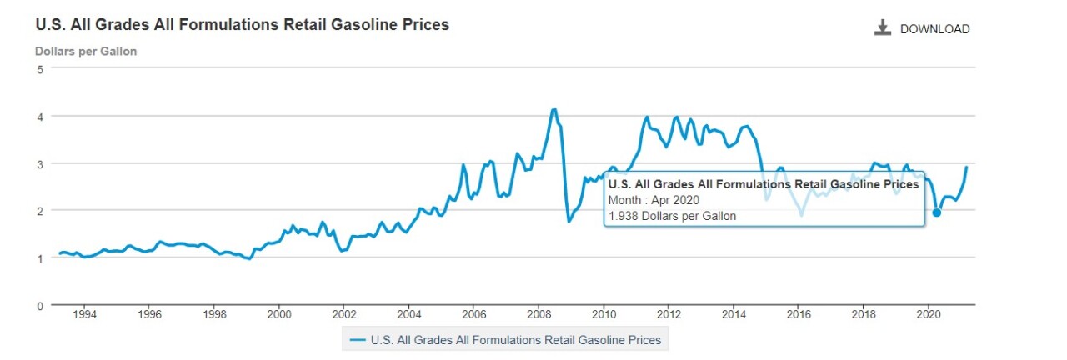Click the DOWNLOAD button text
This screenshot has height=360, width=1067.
[x=934, y=29]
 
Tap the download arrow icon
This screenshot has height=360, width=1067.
[x=883, y=28]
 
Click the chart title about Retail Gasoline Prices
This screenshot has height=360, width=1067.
[x=242, y=25]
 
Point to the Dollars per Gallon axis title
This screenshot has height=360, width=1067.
[x=86, y=52]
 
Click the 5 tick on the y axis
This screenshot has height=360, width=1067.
[x=40, y=68]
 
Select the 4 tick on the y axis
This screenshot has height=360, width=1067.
[x=40, y=116]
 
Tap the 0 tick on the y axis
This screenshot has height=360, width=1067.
[x=40, y=305]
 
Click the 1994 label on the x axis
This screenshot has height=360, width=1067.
[x=83, y=315]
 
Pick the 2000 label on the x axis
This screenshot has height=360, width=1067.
[x=278, y=315]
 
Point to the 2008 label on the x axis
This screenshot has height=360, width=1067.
[x=539, y=315]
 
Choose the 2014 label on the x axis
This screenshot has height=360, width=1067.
[x=734, y=315]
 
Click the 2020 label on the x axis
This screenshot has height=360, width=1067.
[x=929, y=315]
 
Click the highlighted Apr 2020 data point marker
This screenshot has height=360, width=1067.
[x=937, y=212]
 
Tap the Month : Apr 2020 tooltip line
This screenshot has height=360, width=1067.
[x=654, y=200]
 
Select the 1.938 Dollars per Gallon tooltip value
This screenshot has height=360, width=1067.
[x=672, y=216]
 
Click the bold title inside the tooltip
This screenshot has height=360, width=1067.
[x=764, y=184]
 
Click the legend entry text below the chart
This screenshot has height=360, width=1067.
[x=516, y=340]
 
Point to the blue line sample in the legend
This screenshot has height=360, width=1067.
[x=358, y=340]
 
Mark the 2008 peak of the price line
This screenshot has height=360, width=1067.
[x=554, y=109]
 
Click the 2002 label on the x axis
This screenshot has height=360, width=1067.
[x=343, y=315]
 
